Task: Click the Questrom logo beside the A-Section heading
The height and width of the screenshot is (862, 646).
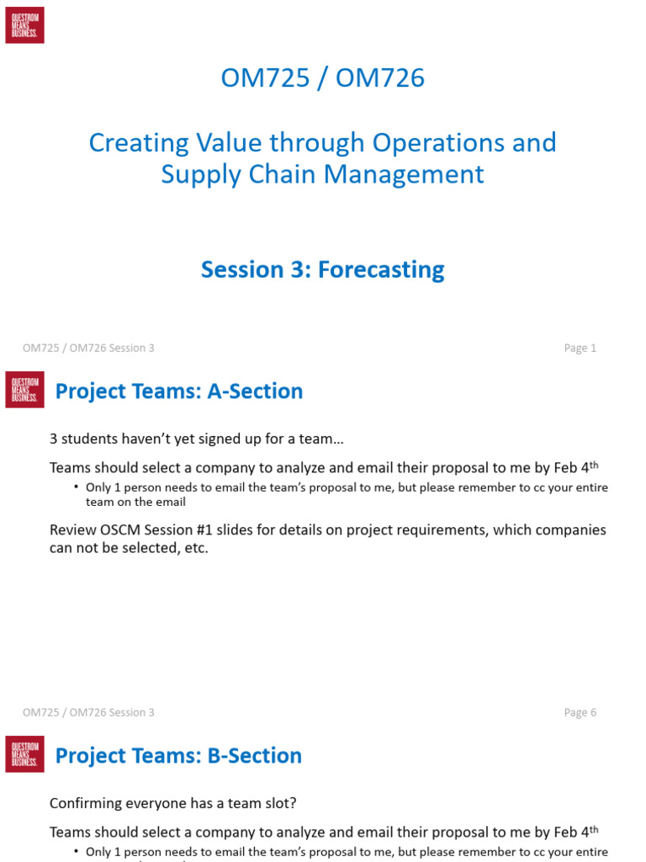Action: (x=24, y=390)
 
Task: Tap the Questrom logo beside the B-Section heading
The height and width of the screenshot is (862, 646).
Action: (x=24, y=754)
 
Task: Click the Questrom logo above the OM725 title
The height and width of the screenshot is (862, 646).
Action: (x=24, y=25)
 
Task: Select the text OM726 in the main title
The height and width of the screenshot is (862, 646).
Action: (x=380, y=78)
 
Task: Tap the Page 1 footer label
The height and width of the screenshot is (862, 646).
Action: (x=580, y=349)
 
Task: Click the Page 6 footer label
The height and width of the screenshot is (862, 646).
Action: (x=580, y=713)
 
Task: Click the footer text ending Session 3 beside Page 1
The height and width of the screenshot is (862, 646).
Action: (x=88, y=349)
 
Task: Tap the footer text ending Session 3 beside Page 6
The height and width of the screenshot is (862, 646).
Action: (x=88, y=713)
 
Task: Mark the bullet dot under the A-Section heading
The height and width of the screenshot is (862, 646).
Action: (x=76, y=487)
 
